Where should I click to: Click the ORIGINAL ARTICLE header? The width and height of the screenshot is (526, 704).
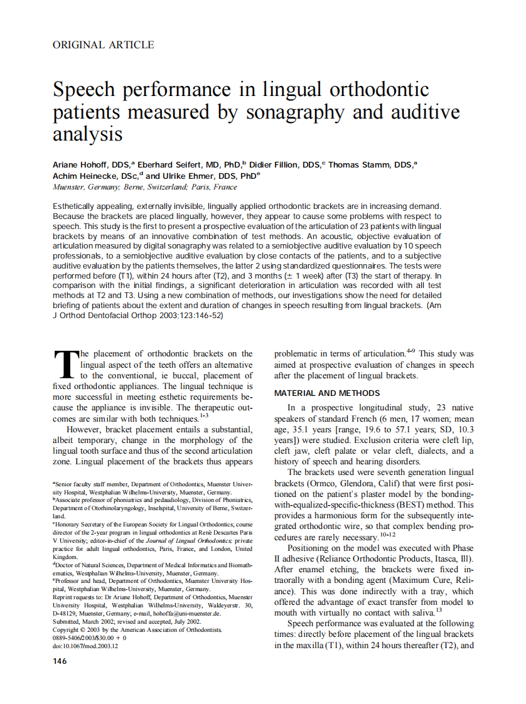[x=103, y=45]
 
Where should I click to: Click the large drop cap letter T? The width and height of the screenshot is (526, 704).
[x=65, y=364]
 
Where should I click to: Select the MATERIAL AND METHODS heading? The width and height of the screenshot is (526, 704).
[x=327, y=393]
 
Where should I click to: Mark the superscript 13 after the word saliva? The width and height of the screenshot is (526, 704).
[x=439, y=610]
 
